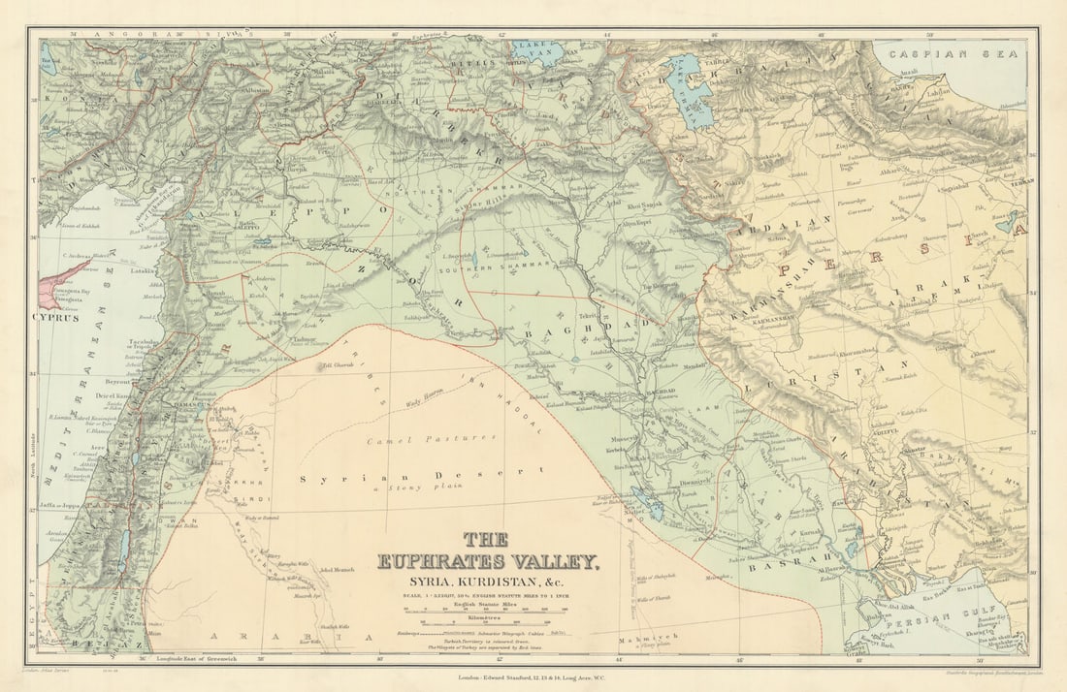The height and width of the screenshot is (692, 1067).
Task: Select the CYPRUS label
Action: pos(56,317)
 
